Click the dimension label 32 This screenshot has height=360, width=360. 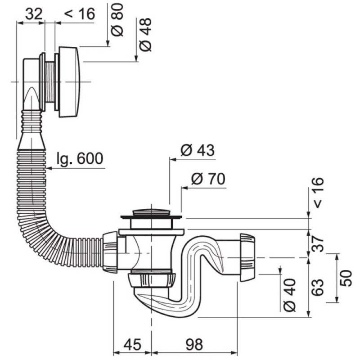coord(34,14)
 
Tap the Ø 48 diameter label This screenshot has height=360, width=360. coord(145,35)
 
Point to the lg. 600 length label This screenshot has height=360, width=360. coord(80,158)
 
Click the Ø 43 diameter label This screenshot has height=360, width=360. coord(198,150)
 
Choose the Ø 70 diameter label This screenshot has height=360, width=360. coord(208,179)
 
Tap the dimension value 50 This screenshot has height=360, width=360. coord(346,278)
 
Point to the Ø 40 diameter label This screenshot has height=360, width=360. coord(290,295)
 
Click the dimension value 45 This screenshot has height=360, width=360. coord(132,344)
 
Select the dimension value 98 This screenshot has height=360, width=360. coord(194,344)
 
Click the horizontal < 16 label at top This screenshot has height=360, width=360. coord(80,14)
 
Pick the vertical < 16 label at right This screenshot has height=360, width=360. coord(318,193)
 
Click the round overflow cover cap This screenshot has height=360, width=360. coord(69,82)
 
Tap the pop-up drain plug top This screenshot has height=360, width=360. coord(151,212)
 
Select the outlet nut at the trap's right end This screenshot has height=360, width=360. coord(247,257)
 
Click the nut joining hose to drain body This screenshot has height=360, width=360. coord(110,252)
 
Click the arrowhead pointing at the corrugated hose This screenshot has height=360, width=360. coord(49,168)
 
